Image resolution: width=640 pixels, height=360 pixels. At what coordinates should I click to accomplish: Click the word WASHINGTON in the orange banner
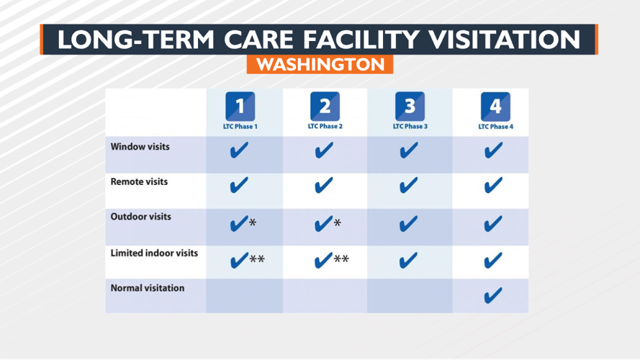coord(320,64)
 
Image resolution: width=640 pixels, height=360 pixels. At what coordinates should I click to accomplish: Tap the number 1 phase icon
coord(240,107)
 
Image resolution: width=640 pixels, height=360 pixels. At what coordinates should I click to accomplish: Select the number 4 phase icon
coord(495,107)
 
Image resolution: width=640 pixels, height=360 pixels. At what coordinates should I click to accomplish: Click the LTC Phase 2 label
coord(325,127)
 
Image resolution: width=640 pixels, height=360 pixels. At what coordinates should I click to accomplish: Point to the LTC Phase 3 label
coord(410,127)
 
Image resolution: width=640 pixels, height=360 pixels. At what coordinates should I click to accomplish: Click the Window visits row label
coord(140,147)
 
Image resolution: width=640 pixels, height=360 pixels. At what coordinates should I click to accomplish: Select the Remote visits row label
coord(139,182)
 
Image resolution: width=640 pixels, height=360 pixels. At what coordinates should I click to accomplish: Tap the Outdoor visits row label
coord(140,217)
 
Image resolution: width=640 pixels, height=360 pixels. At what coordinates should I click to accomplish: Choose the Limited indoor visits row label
coord(154,253)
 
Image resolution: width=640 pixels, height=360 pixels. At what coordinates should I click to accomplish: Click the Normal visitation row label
coord(147,288)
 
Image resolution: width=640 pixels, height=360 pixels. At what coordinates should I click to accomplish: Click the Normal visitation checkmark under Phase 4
coord(493,295)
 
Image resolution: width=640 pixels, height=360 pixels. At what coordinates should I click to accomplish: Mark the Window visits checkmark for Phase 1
coord(239,151)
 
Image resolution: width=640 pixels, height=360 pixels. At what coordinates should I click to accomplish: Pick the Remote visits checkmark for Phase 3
coord(407,186)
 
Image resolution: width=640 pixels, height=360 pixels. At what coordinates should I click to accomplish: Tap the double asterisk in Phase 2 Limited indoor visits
coord(341,259)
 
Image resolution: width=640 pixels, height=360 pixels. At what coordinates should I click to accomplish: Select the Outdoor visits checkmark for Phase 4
coord(493,225)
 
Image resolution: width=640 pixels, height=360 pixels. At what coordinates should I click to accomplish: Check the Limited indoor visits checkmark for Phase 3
coord(407,261)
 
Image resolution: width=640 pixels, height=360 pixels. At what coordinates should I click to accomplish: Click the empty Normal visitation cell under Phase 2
coord(325,295)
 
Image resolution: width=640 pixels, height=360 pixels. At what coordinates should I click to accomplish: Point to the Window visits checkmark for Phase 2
coord(324,151)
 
